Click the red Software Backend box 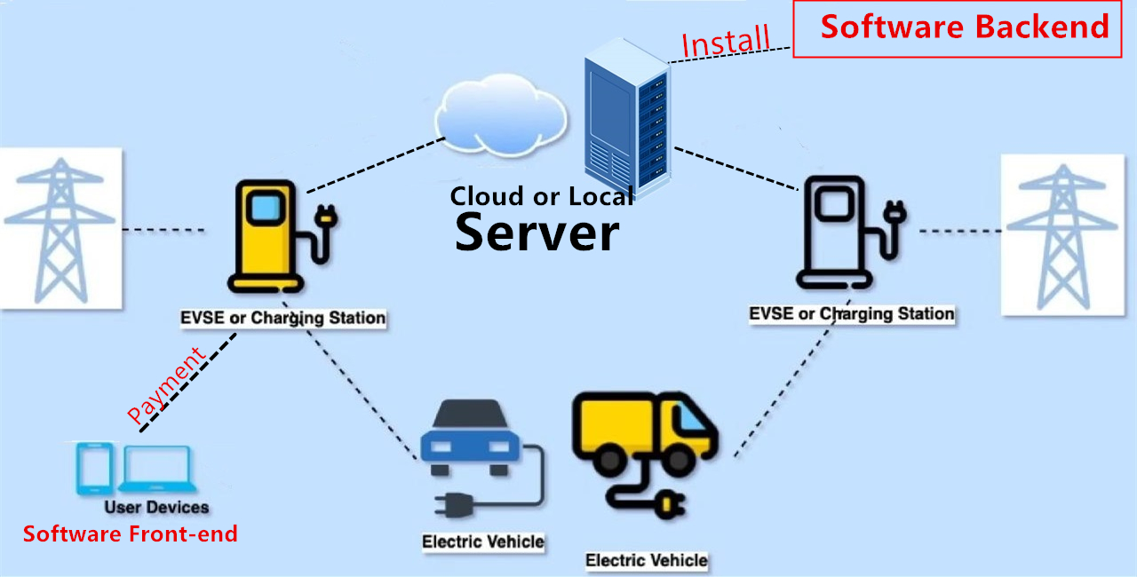964,28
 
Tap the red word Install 725,40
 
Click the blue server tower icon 626,120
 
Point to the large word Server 537,233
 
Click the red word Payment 166,384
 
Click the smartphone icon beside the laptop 95,469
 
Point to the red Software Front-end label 131,534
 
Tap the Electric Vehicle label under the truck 647,560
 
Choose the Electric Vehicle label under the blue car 483,541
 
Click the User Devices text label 156,508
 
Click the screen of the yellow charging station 263,209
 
